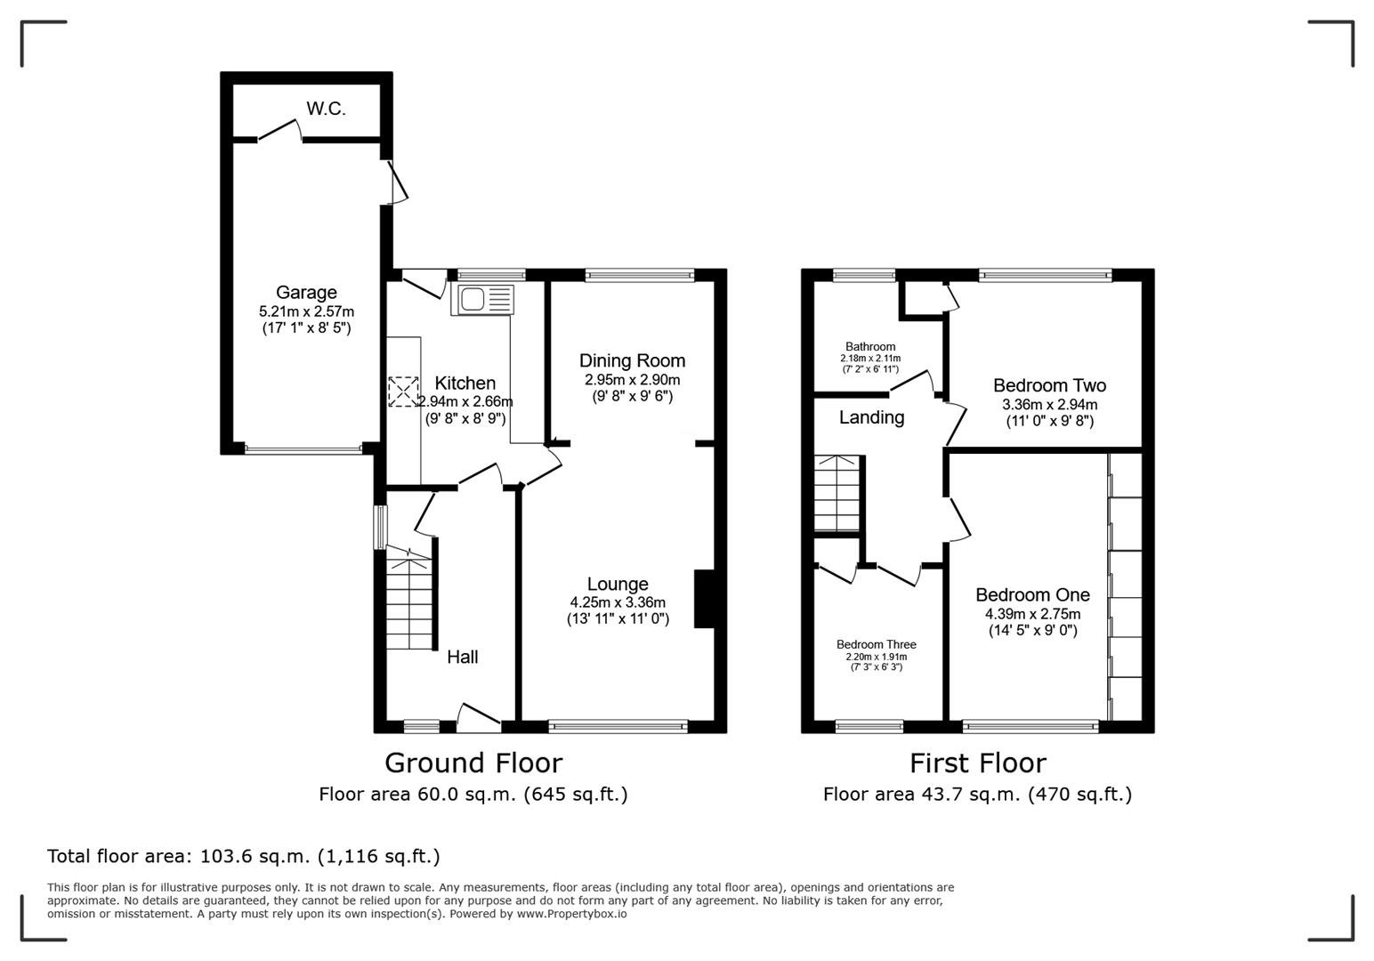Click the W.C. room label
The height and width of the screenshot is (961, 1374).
(x=326, y=109)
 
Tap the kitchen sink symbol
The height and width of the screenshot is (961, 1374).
(x=483, y=299)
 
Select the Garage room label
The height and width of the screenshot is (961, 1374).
(x=306, y=292)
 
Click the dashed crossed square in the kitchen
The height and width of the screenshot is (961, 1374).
(x=403, y=392)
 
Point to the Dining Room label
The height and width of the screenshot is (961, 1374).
(x=632, y=360)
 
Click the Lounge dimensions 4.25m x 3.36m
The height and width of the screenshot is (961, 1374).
(x=618, y=602)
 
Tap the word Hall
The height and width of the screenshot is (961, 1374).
(x=462, y=657)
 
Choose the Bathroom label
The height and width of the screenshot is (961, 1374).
(x=870, y=347)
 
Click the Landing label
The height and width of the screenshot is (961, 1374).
(x=871, y=417)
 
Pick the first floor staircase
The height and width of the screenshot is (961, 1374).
(x=837, y=494)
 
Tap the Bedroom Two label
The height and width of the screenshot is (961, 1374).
(x=1049, y=385)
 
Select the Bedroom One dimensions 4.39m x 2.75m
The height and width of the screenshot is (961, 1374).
(x=1032, y=614)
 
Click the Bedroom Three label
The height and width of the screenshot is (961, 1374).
(x=876, y=644)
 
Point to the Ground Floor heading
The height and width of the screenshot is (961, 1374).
(x=473, y=763)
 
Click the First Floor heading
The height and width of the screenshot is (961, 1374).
(x=977, y=763)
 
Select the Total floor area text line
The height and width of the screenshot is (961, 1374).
(x=243, y=856)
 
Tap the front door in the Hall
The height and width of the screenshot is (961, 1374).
(x=478, y=717)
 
